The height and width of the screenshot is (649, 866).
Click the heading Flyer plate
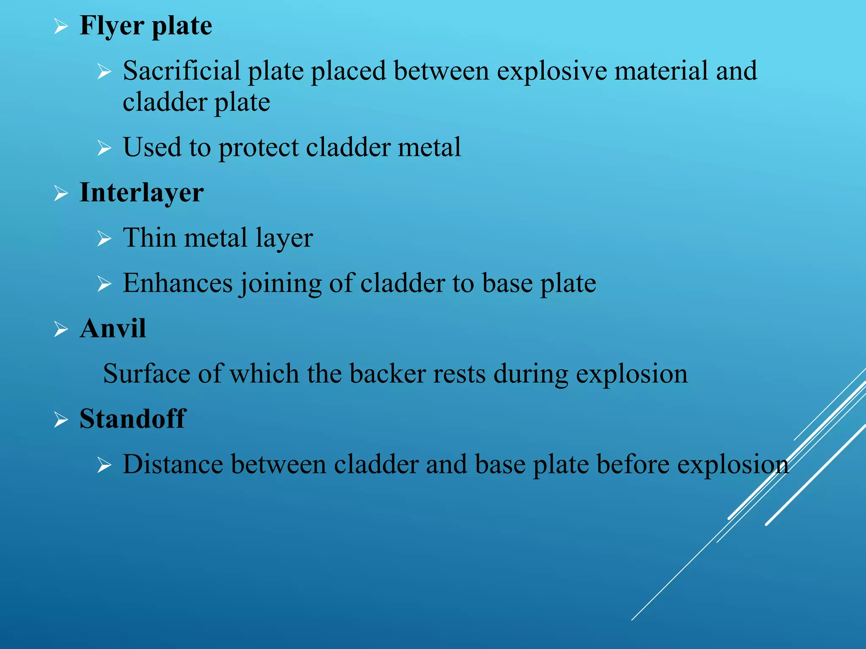[x=146, y=26]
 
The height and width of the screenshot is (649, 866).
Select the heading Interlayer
[x=142, y=193]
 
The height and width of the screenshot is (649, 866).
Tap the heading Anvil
[x=113, y=328]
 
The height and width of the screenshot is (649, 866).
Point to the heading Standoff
[x=133, y=419]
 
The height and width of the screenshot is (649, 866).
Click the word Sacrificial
[x=181, y=71]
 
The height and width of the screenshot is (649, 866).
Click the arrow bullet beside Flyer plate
[x=61, y=27]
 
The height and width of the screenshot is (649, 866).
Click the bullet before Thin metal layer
[x=104, y=239]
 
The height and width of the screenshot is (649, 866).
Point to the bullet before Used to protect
[x=104, y=148]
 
